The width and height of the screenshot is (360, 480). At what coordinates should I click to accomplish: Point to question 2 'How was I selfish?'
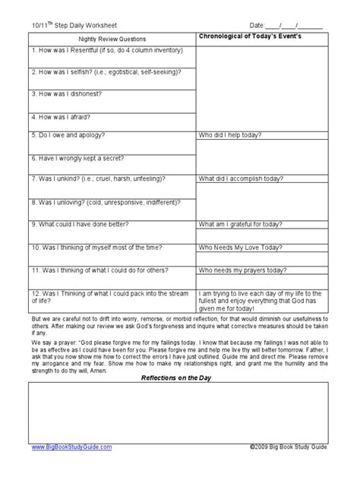point(106,72)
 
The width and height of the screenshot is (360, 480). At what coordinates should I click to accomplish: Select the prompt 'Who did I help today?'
point(231,135)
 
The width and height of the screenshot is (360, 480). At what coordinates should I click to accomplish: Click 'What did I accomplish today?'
point(242,179)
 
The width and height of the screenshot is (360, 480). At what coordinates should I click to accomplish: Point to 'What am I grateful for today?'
point(243,225)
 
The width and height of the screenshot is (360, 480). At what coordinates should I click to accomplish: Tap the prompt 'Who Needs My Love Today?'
point(239,247)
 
